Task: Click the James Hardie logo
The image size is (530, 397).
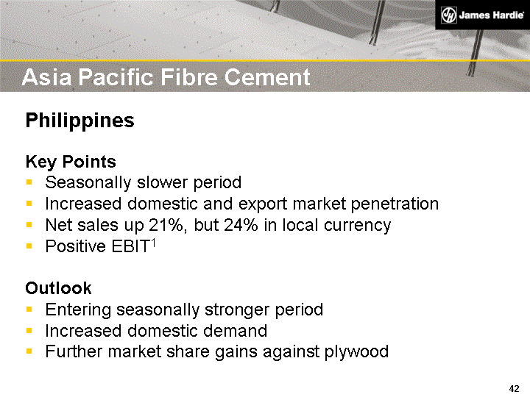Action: pos(482,15)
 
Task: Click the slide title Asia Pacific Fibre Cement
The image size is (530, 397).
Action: pos(166,76)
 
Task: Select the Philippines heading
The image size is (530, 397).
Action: pos(79,121)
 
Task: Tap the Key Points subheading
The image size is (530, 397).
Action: pos(71,161)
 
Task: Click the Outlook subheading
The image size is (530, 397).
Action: pos(58,288)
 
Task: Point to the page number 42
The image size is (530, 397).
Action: pos(515,388)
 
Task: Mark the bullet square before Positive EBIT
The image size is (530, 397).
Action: pos(29,246)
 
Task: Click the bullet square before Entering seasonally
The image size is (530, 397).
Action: pos(29,310)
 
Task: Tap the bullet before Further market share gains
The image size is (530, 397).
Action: pos(29,352)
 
